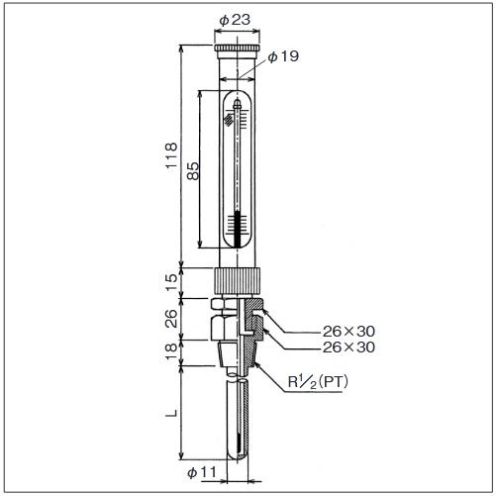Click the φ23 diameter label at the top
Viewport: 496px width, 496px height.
[x=235, y=20]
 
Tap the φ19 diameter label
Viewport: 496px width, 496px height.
[x=283, y=56]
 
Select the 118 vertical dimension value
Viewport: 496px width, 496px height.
[x=171, y=155]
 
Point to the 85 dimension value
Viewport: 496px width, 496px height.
[x=193, y=170]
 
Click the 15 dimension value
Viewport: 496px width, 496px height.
[x=171, y=282]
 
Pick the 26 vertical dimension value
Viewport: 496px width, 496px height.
[x=171, y=318]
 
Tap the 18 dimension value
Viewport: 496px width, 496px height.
[x=171, y=351]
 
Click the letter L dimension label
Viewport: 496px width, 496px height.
[x=171, y=413]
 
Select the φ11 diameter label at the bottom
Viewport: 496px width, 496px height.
[x=202, y=472]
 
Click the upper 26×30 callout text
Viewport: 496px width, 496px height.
[x=348, y=331]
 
